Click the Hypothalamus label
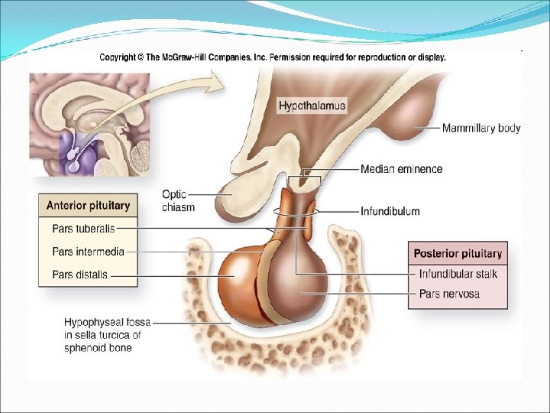tap(312, 106)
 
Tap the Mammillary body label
tap(481, 128)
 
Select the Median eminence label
tap(401, 169)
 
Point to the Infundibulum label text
tap(390, 211)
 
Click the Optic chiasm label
tap(178, 200)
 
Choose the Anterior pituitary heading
tap(88, 206)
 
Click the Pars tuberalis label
tap(83, 228)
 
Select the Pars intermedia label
tap(88, 251)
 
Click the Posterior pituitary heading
tap(458, 254)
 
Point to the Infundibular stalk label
tap(458, 274)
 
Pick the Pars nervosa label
tap(450, 294)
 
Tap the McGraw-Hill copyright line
tap(272, 57)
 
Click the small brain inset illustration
tap(90, 124)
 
